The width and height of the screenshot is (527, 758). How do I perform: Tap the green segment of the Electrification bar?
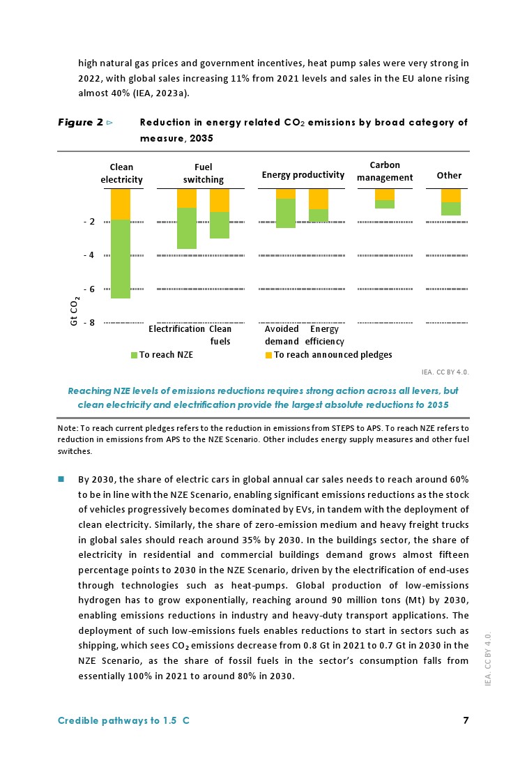point(186,228)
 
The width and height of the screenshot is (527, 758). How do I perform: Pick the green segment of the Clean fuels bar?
point(220,225)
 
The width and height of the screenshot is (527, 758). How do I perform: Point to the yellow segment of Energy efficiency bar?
point(319,199)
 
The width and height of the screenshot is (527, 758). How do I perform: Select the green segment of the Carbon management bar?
point(385,204)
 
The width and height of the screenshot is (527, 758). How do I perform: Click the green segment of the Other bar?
point(451,209)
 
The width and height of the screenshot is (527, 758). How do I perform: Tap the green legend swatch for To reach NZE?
point(135,355)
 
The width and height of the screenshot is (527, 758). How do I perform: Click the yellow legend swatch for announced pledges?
point(269,355)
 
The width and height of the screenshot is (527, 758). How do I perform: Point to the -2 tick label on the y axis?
point(89,222)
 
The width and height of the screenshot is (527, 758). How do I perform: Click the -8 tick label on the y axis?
point(89,323)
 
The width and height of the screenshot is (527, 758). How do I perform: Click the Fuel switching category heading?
point(204,173)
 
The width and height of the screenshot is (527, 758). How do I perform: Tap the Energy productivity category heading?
point(303,175)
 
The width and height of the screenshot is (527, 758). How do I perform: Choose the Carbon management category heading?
point(385,172)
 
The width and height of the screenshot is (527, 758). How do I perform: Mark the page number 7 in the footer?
point(466,721)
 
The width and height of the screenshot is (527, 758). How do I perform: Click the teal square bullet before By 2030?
point(61,479)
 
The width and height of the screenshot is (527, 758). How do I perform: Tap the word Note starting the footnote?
point(67,427)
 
